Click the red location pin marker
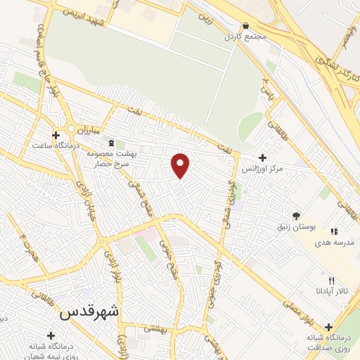coord(181,165)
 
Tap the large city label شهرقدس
coord(89,311)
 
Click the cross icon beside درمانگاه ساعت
coord(56,134)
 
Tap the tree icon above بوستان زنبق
coord(296,216)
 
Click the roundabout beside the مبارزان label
coord(71,129)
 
